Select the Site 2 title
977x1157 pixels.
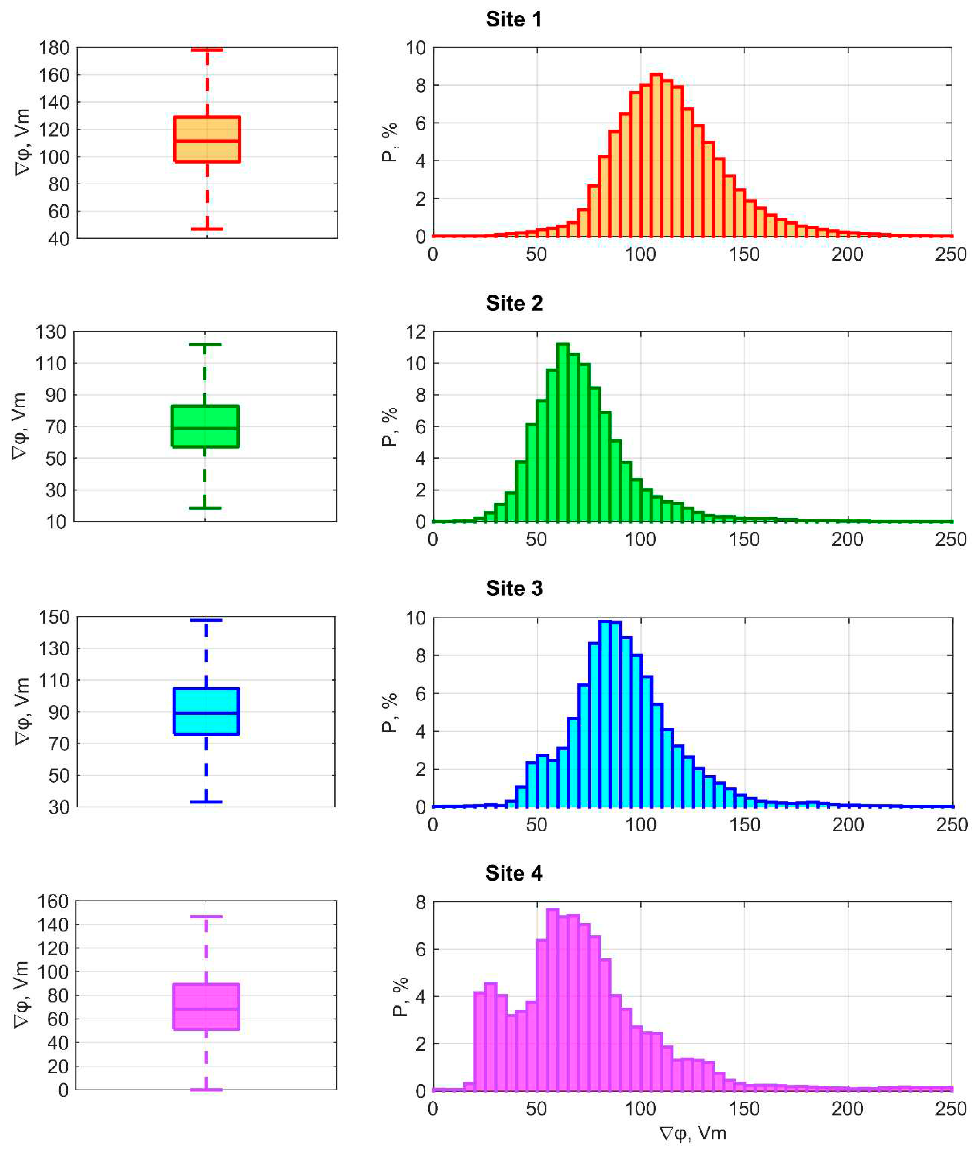(514, 304)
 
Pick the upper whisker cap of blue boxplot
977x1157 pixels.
(206, 620)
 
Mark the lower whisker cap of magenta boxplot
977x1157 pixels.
(206, 1090)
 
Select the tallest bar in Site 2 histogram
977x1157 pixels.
(563, 432)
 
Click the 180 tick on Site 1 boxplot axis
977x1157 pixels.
(54, 48)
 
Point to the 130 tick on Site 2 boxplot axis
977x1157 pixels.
(51, 332)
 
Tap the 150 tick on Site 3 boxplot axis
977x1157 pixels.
(54, 617)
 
